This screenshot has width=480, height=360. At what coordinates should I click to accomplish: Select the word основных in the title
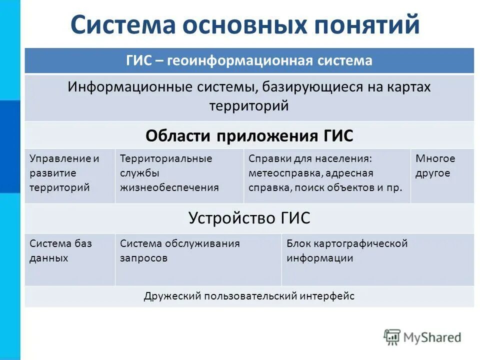click(x=242, y=25)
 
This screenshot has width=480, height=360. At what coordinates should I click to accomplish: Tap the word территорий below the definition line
click(x=249, y=106)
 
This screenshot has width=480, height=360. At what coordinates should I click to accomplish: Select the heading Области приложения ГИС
click(x=249, y=135)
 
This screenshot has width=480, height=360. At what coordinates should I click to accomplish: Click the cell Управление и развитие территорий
click(x=65, y=173)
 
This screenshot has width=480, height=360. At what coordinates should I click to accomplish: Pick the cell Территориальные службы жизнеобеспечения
click(x=170, y=173)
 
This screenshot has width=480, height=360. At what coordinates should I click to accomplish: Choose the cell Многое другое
click(x=435, y=166)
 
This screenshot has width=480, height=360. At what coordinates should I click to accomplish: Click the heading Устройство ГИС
click(x=249, y=218)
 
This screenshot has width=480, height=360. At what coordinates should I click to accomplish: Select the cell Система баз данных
click(x=61, y=251)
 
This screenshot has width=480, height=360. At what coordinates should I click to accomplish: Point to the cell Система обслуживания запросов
click(x=180, y=251)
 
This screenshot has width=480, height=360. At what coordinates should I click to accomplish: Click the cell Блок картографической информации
click(x=347, y=251)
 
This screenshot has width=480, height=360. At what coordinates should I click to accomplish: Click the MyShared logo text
click(x=432, y=337)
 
